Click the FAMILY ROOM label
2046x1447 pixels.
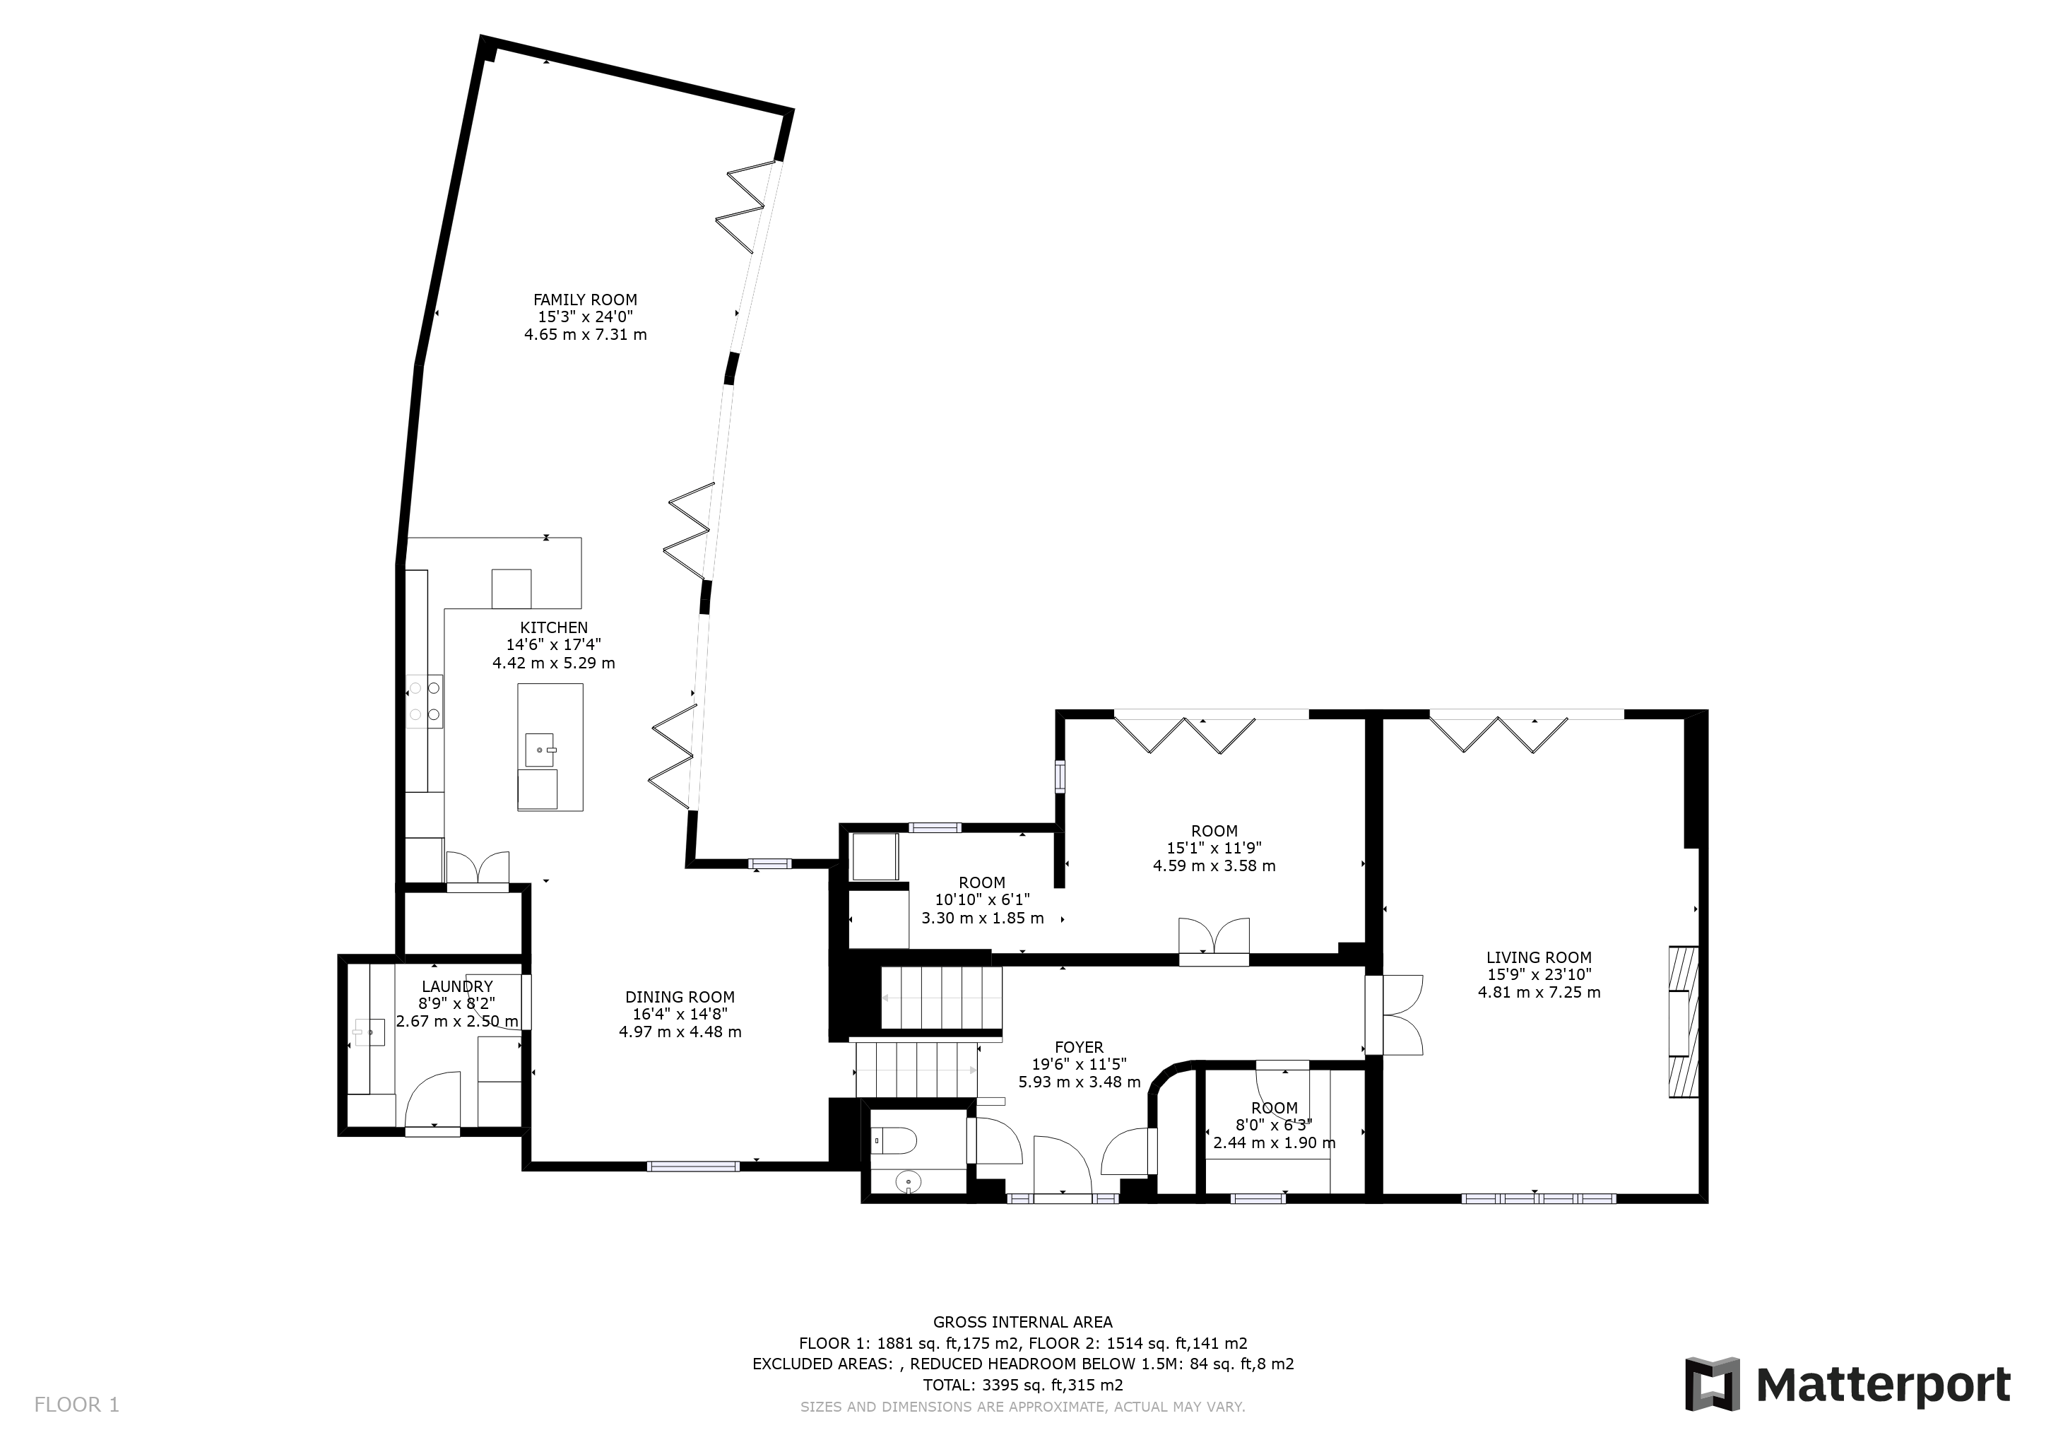[x=586, y=300]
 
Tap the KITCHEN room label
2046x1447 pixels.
[x=555, y=628]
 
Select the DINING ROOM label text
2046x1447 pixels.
[x=680, y=998]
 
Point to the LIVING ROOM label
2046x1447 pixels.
[x=1539, y=959]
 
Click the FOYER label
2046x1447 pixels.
[x=1079, y=1048]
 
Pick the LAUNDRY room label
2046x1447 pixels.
[x=457, y=986]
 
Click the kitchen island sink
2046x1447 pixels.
[x=540, y=750]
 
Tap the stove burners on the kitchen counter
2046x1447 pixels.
[x=424, y=700]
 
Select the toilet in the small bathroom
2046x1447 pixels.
[x=897, y=1139]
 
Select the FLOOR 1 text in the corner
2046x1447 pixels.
[x=76, y=1405]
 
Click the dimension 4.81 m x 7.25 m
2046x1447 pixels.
[x=1539, y=993]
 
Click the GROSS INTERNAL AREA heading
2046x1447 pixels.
[x=1023, y=1322]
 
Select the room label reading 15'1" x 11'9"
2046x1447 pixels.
[x=1214, y=849]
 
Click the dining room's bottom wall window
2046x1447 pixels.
[x=693, y=1165]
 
